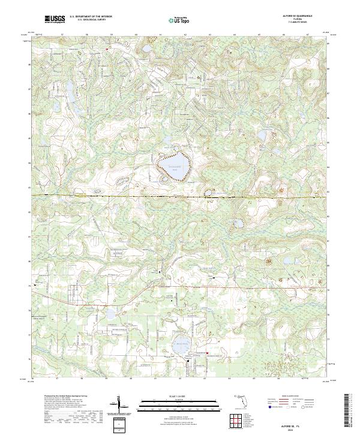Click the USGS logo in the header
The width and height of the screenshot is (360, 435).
(55, 20)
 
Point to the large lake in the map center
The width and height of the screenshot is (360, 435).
(172, 165)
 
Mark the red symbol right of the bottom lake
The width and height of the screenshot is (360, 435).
(207, 353)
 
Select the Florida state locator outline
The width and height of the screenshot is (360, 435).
(239, 400)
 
